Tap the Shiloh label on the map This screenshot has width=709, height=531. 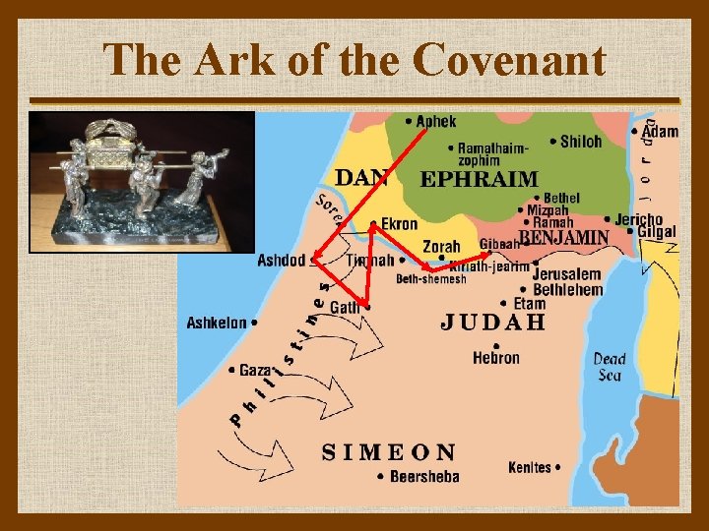[x=580, y=142]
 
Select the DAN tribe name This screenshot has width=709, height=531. [x=362, y=178]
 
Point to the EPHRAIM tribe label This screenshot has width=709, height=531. [x=480, y=179]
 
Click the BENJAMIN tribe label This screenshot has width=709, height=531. [x=564, y=238]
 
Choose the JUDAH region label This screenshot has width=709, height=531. [x=492, y=322]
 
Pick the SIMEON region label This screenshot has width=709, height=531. [x=390, y=452]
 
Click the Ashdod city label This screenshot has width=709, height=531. [x=281, y=261]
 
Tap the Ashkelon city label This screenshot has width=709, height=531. [x=217, y=323]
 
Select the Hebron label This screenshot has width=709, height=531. [x=495, y=358]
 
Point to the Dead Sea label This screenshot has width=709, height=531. [x=610, y=367]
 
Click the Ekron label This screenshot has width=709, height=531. [x=399, y=224]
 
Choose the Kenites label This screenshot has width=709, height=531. [x=532, y=467]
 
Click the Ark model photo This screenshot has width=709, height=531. [x=142, y=182]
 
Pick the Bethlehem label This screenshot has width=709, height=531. [x=567, y=290]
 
